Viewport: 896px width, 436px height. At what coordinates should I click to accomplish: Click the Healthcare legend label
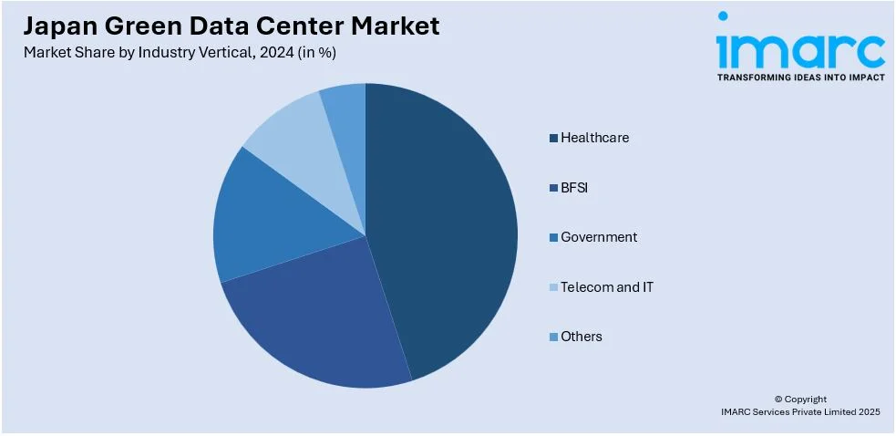[x=594, y=138]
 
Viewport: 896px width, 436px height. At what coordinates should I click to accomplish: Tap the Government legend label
[x=599, y=237]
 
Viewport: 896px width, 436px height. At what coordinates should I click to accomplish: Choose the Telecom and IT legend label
[x=607, y=287]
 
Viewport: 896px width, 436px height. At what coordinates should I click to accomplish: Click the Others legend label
[x=582, y=337]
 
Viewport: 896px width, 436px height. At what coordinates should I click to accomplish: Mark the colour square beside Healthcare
[x=553, y=139]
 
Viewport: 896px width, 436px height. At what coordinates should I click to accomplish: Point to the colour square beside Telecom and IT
[x=553, y=288]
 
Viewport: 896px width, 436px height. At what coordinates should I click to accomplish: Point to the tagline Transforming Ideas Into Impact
[x=800, y=78]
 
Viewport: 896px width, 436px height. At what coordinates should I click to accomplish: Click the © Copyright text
[x=800, y=399]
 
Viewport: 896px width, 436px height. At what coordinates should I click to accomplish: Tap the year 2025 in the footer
[x=867, y=412]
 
